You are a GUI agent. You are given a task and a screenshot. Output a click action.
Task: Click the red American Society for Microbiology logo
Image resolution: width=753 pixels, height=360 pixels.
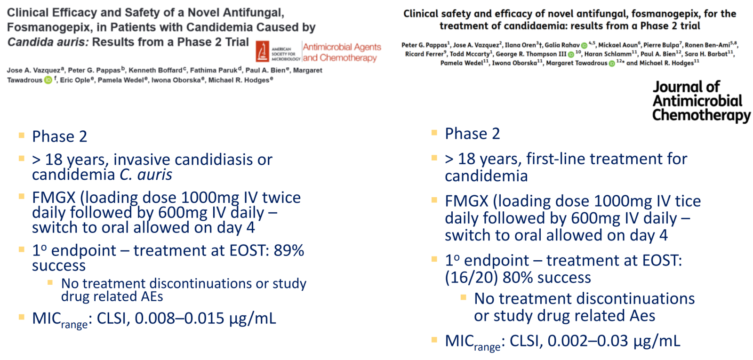(x=262, y=51)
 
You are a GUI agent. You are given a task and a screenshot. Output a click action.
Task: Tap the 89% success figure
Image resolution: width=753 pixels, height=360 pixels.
(x=289, y=250)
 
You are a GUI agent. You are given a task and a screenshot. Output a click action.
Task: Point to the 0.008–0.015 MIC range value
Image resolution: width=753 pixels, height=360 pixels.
(x=179, y=318)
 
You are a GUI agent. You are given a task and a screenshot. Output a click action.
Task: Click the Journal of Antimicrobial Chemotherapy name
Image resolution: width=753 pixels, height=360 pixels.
(x=701, y=101)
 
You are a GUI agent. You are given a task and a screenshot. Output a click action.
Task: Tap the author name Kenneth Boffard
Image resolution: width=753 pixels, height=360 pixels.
(x=156, y=70)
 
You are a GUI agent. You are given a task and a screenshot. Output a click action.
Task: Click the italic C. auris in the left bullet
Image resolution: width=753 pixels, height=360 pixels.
(x=146, y=175)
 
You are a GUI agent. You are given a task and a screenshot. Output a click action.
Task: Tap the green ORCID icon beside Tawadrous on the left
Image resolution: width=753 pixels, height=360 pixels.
(x=48, y=80)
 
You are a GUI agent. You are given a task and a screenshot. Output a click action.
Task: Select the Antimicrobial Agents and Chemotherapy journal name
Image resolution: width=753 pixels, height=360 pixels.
(x=342, y=52)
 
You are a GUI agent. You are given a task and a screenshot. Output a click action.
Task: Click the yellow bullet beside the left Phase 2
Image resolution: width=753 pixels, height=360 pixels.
(x=22, y=136)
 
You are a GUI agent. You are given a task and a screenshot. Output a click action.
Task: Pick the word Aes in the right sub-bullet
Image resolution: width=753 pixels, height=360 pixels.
(x=642, y=316)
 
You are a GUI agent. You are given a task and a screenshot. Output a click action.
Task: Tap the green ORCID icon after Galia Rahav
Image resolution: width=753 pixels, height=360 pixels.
(x=584, y=45)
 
